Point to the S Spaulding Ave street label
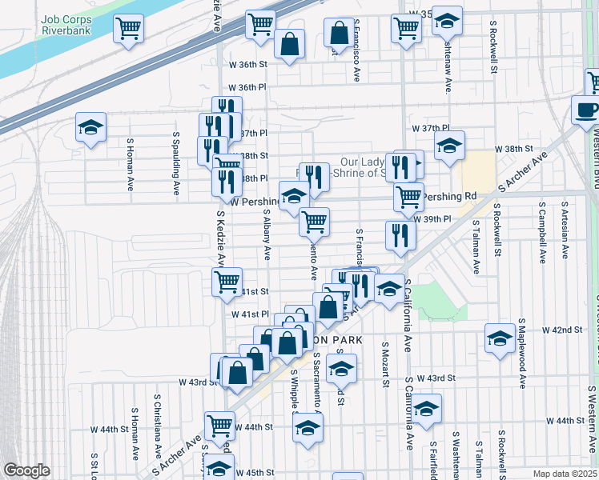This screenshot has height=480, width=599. click(x=175, y=163)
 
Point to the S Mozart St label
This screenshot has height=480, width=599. click(x=385, y=367)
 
